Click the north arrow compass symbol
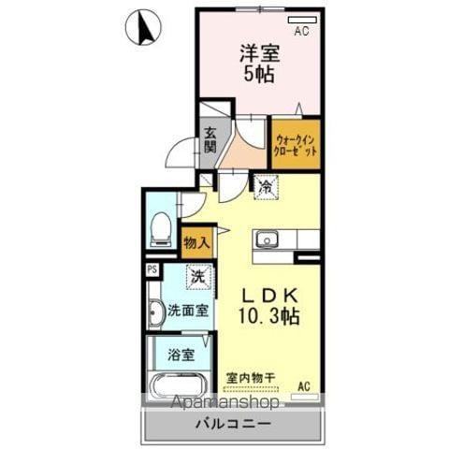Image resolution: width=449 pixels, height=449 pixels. [x=143, y=27]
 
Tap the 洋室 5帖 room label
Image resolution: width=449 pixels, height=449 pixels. [x=259, y=64]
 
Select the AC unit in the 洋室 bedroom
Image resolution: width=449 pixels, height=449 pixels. [x=302, y=20]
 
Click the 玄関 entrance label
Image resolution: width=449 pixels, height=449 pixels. [x=210, y=140]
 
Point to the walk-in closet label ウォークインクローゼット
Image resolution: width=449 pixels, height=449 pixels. [x=295, y=145]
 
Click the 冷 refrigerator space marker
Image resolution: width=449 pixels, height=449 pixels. [x=266, y=188]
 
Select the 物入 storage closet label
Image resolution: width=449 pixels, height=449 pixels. [x=196, y=243]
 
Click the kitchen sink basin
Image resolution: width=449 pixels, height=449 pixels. [x=268, y=239]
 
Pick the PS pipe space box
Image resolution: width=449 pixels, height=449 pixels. [x=152, y=269]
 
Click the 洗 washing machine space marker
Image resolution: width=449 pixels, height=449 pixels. [x=198, y=277]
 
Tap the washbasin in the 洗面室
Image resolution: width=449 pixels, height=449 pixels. [x=156, y=313]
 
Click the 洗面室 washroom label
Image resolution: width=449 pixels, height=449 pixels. [x=188, y=311]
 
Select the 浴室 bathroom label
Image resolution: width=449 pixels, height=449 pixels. [x=181, y=355]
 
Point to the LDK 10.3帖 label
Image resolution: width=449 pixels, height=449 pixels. [x=269, y=306]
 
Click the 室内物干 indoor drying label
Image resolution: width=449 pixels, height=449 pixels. [x=251, y=378]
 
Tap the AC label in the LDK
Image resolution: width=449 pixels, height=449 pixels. [x=304, y=386]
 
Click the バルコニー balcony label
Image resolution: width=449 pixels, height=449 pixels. [x=233, y=424]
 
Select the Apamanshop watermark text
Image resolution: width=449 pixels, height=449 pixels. [x=225, y=401]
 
